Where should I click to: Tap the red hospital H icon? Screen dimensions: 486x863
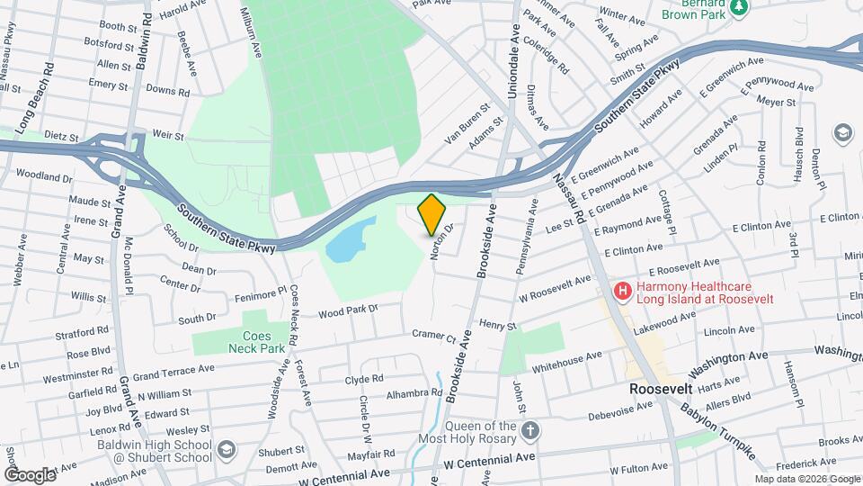(x=620, y=291)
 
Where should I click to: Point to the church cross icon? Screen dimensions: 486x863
(x=531, y=430)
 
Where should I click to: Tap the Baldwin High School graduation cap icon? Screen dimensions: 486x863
(x=227, y=448)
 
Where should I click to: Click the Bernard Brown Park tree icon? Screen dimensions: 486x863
(x=739, y=7)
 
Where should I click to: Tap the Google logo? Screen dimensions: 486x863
(x=31, y=474)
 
